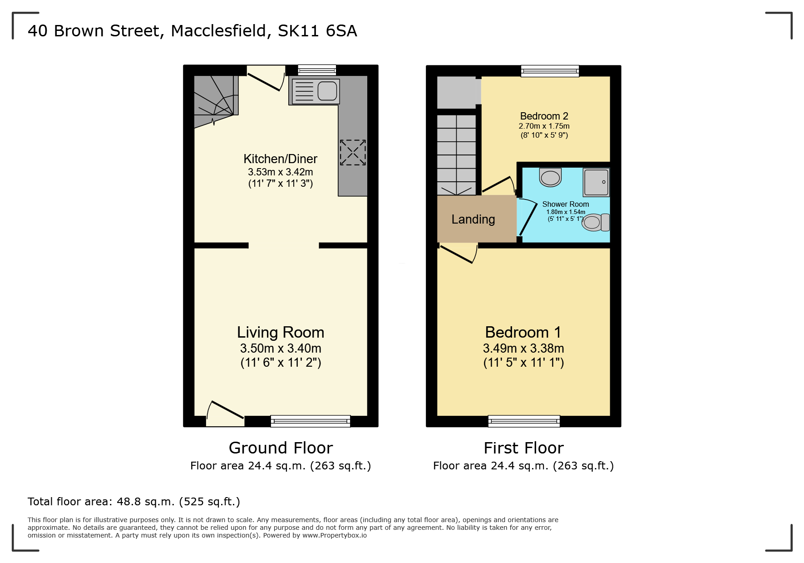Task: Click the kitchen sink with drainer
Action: pos(316,91)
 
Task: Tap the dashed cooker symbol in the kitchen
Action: pos(353,152)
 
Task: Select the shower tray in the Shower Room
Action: pos(596,182)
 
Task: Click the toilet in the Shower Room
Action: pos(596,222)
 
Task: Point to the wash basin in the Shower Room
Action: pos(550,177)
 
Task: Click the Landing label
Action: pos(473,219)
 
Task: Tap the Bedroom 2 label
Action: pos(544,116)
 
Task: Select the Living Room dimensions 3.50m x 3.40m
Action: pos(281,349)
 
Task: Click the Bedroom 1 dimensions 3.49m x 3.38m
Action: pos(523,349)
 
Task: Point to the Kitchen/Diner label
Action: pos(280,159)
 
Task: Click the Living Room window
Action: pos(311,421)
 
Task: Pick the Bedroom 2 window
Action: pos(550,71)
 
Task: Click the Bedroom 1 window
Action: pos(524,421)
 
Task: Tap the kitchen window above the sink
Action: pos(317,70)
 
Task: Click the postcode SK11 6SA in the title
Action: pos(317,31)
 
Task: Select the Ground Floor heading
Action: pos(281,448)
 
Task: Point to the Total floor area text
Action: pos(134,502)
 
